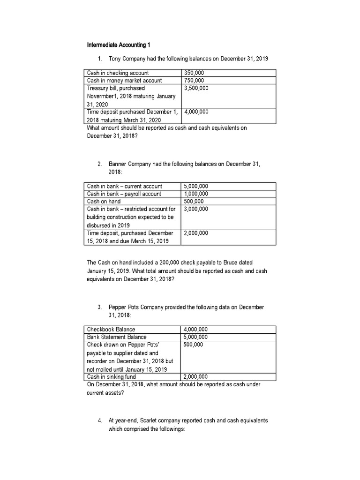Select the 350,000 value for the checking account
(194, 73)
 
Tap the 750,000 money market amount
(194, 80)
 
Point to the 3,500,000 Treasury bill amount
(196, 88)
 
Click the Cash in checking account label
(118, 73)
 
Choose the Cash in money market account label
(124, 80)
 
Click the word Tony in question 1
(114, 59)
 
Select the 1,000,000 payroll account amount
(196, 194)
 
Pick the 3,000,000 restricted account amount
(196, 209)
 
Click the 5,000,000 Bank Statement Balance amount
(196, 337)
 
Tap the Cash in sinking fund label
(111, 376)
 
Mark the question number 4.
(99, 420)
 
